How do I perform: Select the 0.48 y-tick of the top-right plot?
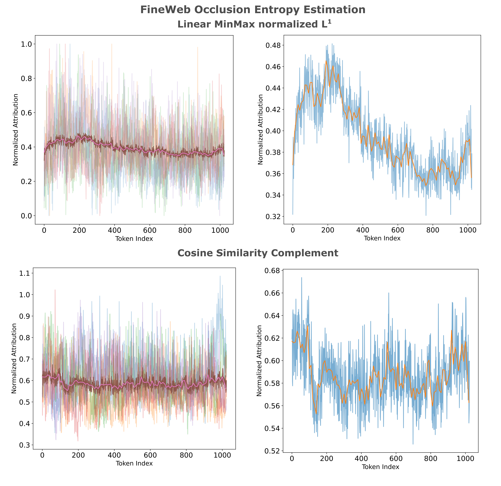pos(273,45)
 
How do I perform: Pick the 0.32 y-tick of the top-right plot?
pos(273,217)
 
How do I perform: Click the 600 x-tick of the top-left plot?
pos(150,230)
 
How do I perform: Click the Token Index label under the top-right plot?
pos(382,238)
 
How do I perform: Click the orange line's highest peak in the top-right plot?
pos(326,61)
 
